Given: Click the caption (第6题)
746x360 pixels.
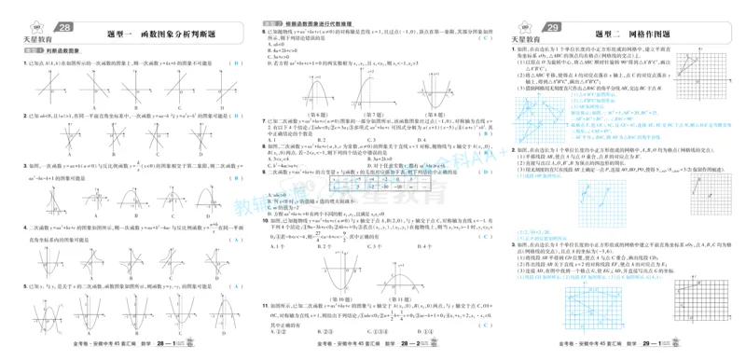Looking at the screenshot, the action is click(x=324, y=112).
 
